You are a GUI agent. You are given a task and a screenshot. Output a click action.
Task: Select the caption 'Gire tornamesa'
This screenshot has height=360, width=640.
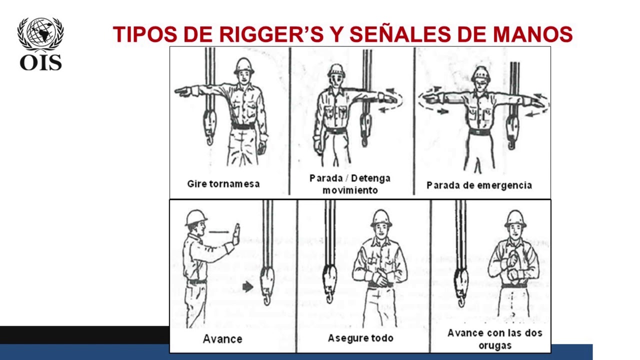223,183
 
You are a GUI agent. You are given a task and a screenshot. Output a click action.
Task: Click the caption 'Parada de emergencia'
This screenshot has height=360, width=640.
479,185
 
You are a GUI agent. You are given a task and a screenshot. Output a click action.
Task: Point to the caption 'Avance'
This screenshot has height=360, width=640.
222,339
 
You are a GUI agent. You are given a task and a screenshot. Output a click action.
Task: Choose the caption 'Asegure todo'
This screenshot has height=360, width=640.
360,338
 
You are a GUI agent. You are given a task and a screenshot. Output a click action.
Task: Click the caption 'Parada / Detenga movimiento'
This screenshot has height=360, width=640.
350,184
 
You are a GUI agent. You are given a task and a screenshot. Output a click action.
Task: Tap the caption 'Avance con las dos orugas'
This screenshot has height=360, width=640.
494,338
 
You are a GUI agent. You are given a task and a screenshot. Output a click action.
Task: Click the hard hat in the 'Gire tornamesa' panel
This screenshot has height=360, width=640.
243,65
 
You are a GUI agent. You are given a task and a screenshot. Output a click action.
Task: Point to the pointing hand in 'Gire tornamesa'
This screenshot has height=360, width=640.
182,91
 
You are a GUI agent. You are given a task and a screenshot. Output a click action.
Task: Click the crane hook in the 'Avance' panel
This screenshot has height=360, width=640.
267,285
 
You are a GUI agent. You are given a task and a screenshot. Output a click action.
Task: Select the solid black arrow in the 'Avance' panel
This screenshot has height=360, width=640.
247,286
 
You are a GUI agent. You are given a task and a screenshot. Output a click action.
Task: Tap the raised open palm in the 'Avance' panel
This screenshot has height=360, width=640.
236,233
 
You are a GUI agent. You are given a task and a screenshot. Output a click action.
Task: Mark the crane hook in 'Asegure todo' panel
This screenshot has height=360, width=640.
329,282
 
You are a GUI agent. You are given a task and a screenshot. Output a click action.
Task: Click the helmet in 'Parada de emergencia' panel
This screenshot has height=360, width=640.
480,73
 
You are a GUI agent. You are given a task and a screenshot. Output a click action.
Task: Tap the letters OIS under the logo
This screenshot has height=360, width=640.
40,62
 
